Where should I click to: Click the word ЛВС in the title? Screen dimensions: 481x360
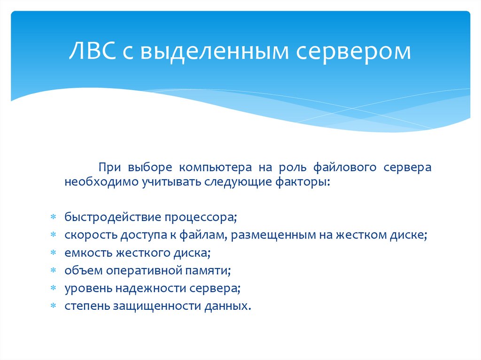93,51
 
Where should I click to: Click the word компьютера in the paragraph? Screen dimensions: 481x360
215,168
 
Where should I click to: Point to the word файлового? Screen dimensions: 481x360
345,168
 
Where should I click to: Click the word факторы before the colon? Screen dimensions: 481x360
301,182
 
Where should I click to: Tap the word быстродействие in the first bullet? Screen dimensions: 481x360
113,217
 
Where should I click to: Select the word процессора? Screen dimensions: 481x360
199,218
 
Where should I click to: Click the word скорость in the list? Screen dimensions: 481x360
91,235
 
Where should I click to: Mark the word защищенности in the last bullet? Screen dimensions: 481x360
157,306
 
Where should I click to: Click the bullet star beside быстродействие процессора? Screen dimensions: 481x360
54,217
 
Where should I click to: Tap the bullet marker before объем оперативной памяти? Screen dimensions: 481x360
54,270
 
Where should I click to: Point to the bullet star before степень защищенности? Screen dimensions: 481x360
54,306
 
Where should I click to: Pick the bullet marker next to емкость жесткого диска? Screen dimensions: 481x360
54,253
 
